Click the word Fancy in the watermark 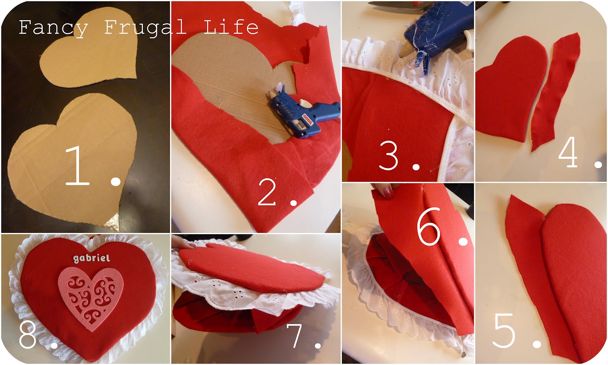tap(53, 28)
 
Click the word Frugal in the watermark tap(144, 28)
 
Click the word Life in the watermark tap(231, 27)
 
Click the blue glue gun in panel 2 tap(300, 114)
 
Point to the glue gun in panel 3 tap(429, 34)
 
